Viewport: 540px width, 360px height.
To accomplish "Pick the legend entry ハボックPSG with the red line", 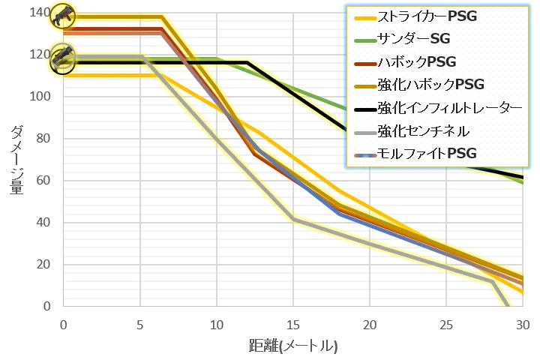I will tap(417, 61).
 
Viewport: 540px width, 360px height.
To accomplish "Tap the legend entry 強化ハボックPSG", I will tap(431, 85).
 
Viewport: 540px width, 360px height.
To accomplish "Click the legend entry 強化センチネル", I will tap(424, 131).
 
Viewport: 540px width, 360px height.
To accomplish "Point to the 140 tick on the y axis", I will tap(40, 13).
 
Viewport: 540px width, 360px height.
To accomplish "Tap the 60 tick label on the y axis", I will tap(43, 181).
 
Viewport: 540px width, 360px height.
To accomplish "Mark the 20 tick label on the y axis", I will tap(43, 265).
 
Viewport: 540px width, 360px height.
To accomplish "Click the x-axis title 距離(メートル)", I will tap(293, 346).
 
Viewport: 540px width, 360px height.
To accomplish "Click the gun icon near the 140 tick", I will tap(63, 14).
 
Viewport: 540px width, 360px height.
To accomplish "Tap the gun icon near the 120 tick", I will tap(63, 58).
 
